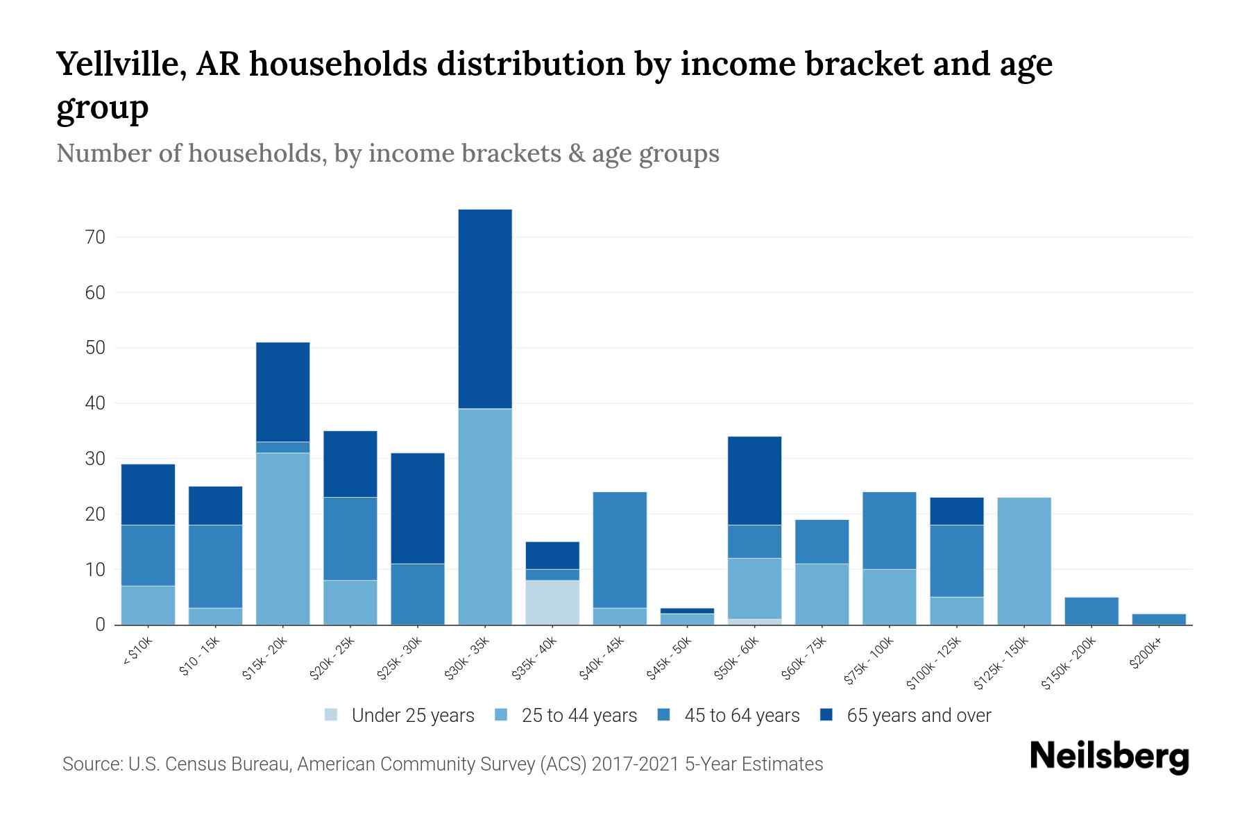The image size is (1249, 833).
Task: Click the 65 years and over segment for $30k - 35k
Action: (485, 309)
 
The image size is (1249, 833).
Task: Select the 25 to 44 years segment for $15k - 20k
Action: (283, 539)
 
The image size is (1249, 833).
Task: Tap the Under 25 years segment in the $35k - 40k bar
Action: (552, 603)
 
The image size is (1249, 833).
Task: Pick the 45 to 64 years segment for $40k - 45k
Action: (620, 550)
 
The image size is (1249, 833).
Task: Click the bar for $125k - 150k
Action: (1024, 561)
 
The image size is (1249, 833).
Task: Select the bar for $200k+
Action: (1159, 619)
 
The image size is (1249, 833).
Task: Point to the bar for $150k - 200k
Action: (1091, 611)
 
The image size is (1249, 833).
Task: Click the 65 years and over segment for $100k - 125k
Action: (957, 511)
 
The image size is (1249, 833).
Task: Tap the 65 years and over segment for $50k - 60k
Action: (755, 480)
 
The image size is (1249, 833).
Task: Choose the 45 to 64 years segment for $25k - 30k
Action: (418, 594)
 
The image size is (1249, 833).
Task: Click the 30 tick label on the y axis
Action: (96, 459)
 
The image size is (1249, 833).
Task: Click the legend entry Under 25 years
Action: (412, 716)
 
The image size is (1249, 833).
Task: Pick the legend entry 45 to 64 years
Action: (741, 716)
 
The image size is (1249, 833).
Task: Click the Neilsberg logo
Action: (1109, 757)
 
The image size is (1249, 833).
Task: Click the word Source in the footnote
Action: (90, 764)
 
